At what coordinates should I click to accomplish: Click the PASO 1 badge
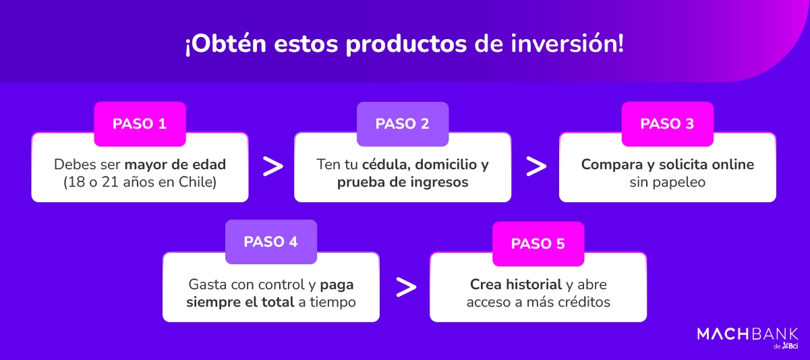coord(140,124)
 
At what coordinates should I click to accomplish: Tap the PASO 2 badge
coord(403,124)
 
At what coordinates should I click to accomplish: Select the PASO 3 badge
coord(667,124)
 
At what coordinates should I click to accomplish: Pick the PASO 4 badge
coord(270,242)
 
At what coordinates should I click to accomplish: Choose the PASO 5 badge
coord(538,244)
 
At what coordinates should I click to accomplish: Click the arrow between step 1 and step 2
coord(272,167)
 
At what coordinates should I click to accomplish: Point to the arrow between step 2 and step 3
coord(536,167)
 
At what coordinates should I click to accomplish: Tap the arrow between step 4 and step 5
coord(405,287)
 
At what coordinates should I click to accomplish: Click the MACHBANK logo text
coord(747,334)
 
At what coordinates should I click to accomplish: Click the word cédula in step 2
coord(385,164)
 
